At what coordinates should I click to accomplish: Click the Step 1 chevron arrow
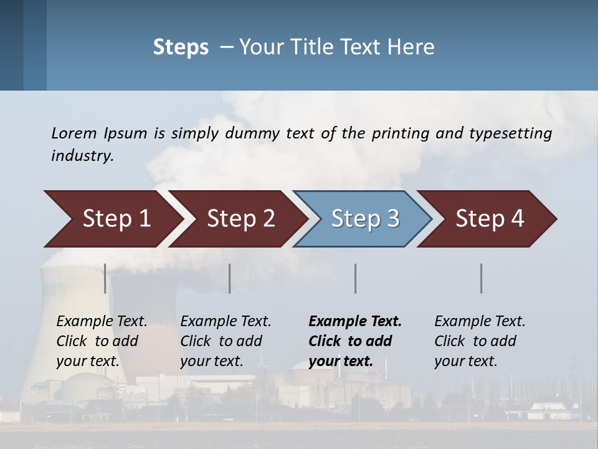pyautogui.click(x=112, y=219)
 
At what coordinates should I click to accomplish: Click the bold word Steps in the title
pyautogui.click(x=181, y=47)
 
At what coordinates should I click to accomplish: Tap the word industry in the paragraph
pyautogui.click(x=82, y=155)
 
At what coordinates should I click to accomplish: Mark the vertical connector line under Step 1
pyautogui.click(x=105, y=278)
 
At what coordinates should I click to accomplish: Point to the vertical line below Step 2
pyautogui.click(x=230, y=278)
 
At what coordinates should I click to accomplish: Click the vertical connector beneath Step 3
pyautogui.click(x=356, y=278)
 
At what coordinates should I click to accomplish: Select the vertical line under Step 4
pyautogui.click(x=482, y=278)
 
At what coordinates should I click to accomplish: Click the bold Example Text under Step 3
pyautogui.click(x=355, y=322)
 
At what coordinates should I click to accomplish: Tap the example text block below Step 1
pyautogui.click(x=102, y=341)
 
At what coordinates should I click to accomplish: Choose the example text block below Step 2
pyautogui.click(x=225, y=341)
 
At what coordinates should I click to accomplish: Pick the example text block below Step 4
pyautogui.click(x=480, y=341)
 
